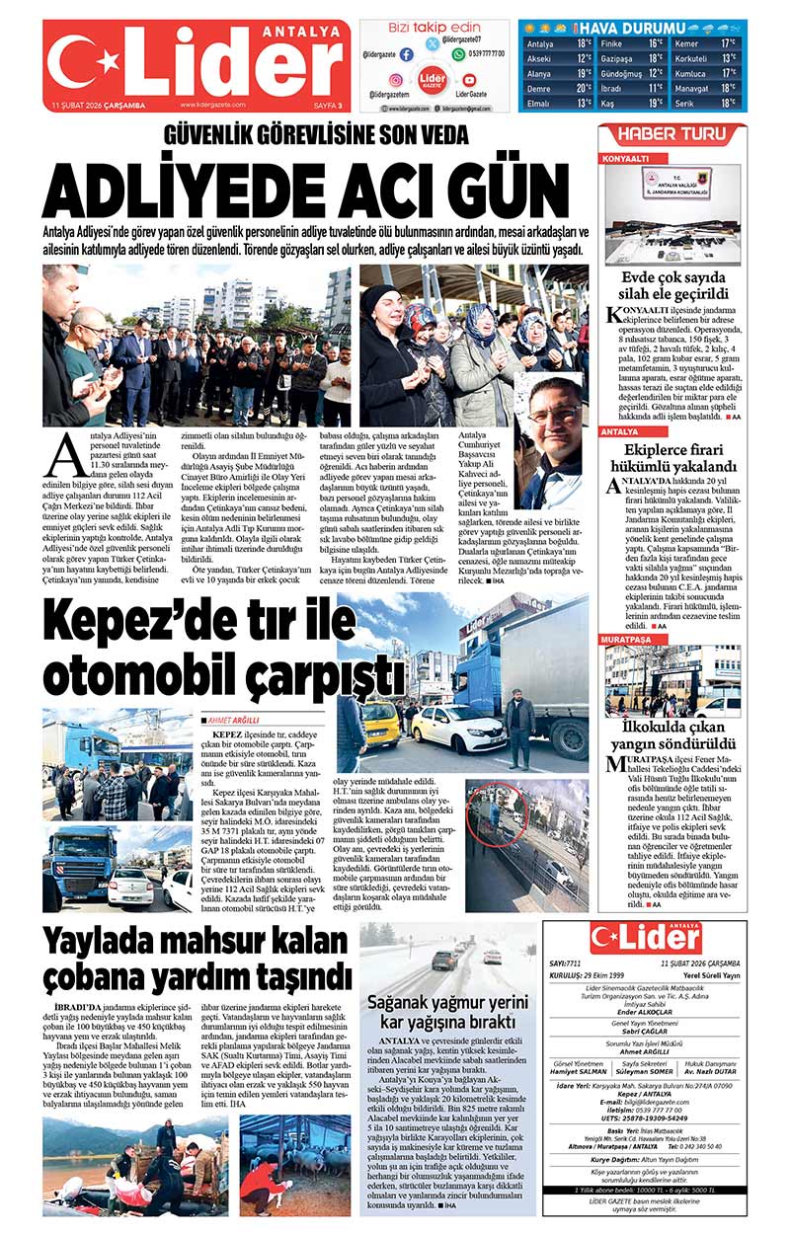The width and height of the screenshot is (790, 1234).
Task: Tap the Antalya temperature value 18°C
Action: pyautogui.click(x=584, y=44)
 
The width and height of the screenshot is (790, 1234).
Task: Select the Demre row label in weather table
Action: pyautogui.click(x=539, y=88)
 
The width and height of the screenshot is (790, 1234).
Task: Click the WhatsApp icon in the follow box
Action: pyautogui.click(x=458, y=55)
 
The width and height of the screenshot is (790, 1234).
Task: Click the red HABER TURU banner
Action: pyautogui.click(x=671, y=135)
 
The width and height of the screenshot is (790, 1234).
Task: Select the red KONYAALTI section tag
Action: pyautogui.click(x=626, y=158)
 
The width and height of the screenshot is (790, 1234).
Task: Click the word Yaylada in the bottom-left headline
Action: pyautogui.click(x=115, y=942)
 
